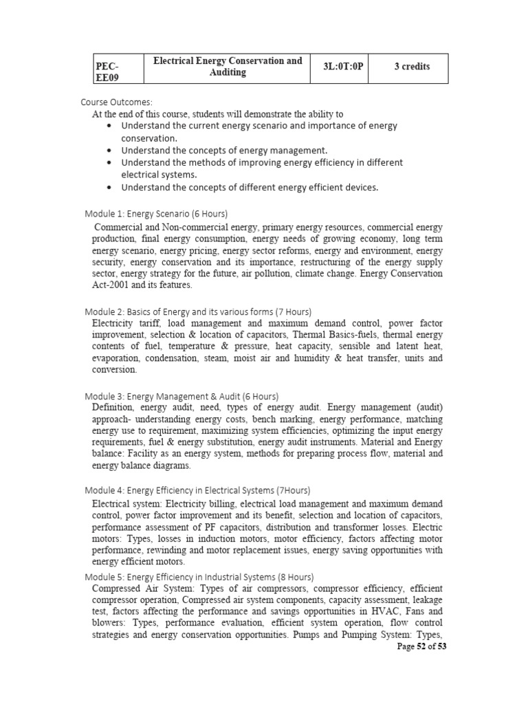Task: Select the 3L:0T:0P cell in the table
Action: point(342,67)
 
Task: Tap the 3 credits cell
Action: point(412,67)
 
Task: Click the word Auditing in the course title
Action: point(228,73)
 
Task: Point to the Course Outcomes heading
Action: point(115,102)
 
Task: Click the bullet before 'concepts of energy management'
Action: point(111,150)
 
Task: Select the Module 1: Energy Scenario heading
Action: point(156,213)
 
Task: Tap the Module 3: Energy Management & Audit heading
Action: point(181,396)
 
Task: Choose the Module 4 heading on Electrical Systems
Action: point(197,490)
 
